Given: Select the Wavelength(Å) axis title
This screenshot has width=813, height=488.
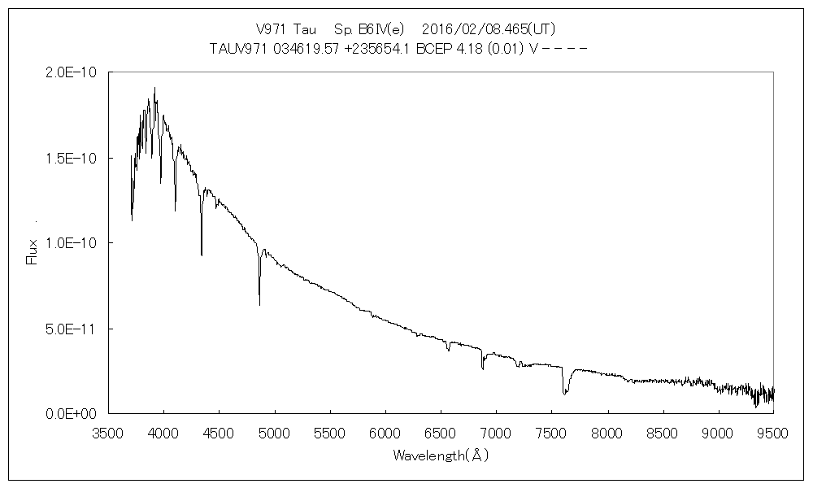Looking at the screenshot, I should tap(441, 456).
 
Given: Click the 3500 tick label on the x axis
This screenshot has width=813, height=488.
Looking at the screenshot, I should tap(108, 434).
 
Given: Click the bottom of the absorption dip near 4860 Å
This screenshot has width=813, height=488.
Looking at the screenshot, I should tap(259, 304).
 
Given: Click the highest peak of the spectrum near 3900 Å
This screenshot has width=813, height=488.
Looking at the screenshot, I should tap(154, 88).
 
